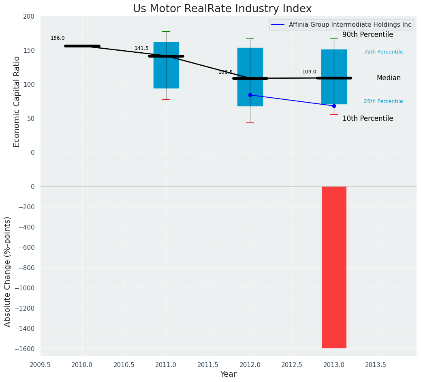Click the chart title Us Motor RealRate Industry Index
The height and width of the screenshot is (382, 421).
point(222,9)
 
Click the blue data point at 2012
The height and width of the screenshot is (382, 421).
point(250,95)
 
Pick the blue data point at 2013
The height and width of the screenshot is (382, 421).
point(334,106)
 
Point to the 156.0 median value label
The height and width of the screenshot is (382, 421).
point(58,38)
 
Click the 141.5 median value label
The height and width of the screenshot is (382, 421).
point(141,48)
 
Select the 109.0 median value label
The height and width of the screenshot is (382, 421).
point(309,72)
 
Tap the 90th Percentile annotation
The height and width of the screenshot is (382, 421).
point(368,35)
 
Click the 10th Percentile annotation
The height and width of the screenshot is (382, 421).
point(368,119)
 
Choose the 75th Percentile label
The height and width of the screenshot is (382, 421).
point(383,52)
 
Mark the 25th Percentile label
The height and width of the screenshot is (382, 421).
point(383,101)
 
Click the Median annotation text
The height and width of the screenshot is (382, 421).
point(389,78)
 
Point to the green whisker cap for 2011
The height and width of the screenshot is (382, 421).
point(166,32)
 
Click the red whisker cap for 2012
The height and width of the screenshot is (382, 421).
point(250,123)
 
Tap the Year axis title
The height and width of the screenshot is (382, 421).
point(228,374)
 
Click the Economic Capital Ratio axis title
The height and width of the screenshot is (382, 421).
point(17,101)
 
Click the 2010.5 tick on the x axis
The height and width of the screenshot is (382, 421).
point(124,365)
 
